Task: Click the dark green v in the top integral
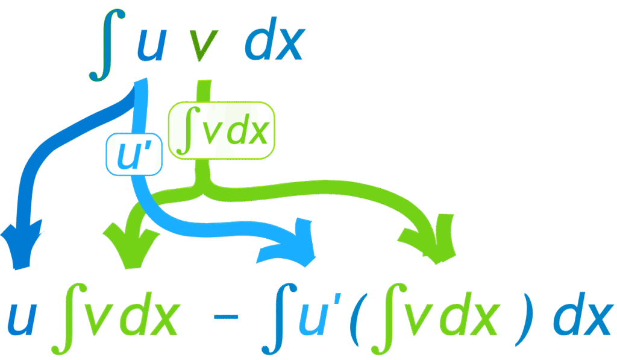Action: pos(204,46)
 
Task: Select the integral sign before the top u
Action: pos(107,45)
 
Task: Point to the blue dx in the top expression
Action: pos(275,39)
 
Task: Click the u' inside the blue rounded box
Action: pos(134,154)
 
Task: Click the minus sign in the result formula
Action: pos(226,317)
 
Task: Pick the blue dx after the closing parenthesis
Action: pos(583,314)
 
